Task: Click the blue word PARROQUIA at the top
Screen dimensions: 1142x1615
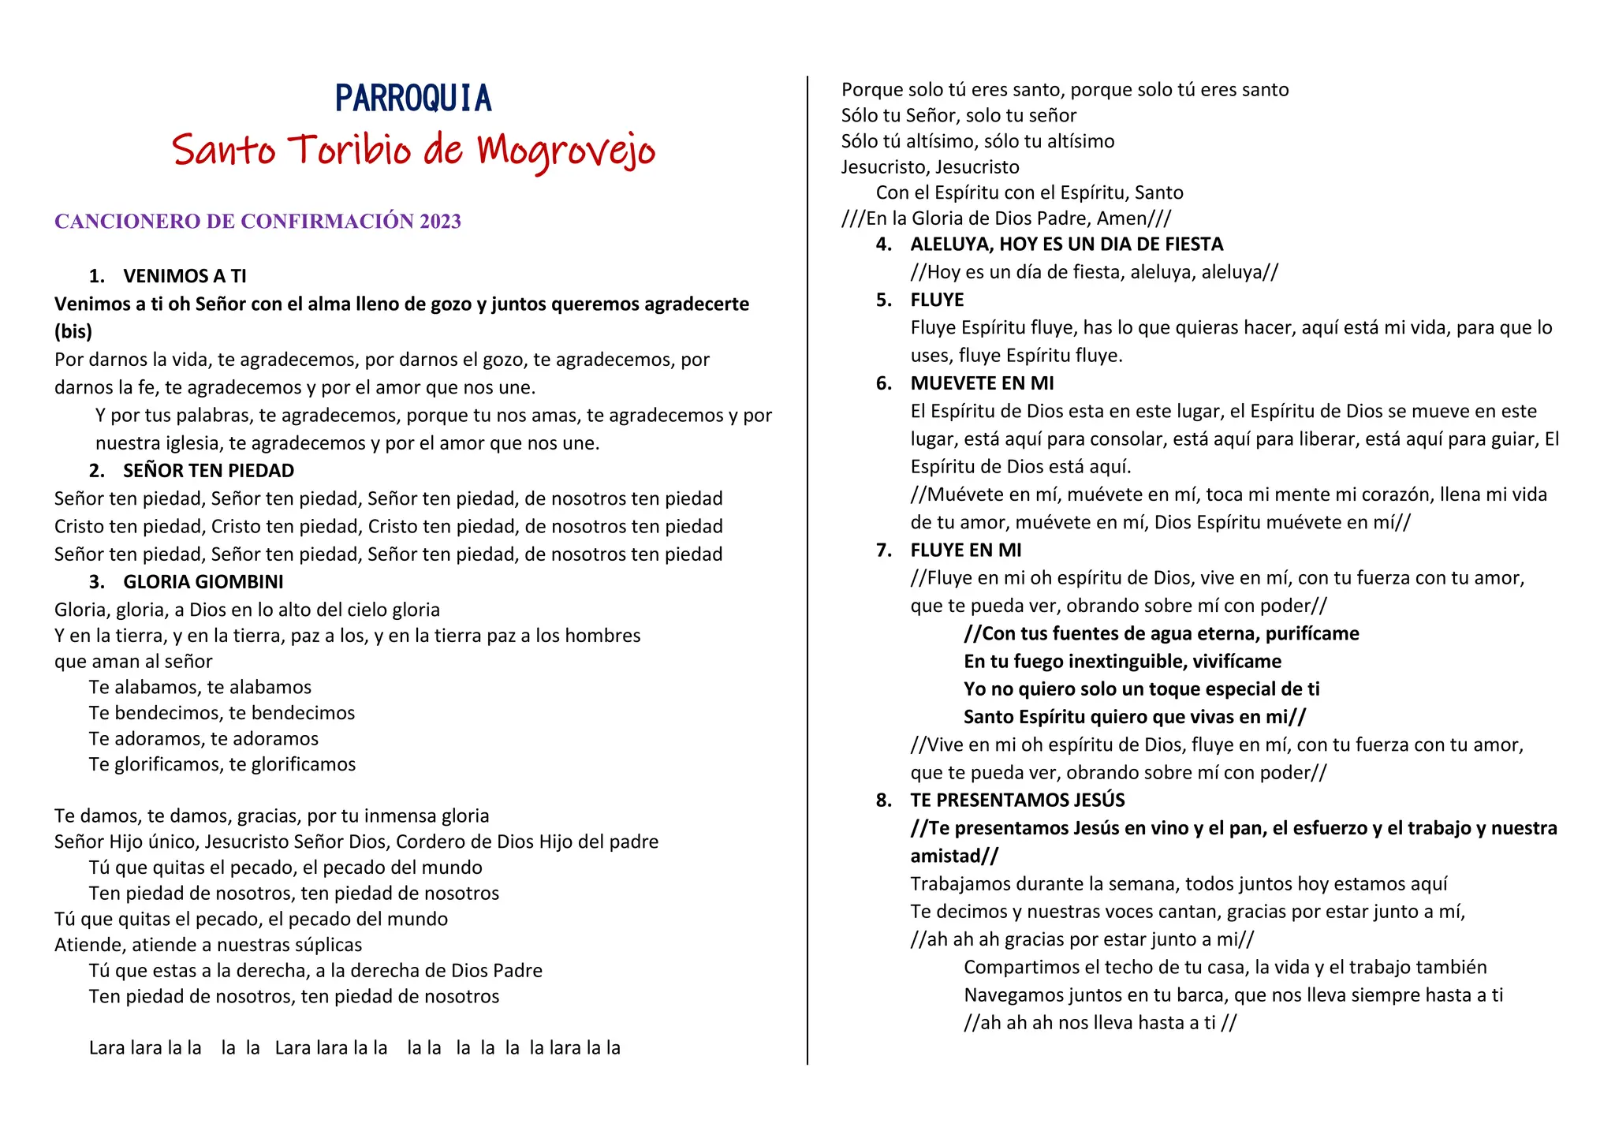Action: (x=413, y=99)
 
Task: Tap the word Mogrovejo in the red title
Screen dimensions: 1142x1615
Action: (x=566, y=150)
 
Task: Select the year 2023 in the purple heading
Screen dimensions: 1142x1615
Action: (x=440, y=222)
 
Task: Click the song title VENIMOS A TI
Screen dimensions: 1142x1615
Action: (x=185, y=276)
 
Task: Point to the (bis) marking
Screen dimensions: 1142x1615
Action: (x=73, y=331)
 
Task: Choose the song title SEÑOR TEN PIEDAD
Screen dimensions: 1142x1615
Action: (x=208, y=471)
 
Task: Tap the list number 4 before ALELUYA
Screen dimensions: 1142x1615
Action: (x=883, y=244)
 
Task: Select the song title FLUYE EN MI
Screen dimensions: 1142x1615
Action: (x=965, y=550)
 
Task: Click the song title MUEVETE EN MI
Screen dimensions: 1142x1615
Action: (x=982, y=383)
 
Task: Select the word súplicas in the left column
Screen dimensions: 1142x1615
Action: (x=324, y=945)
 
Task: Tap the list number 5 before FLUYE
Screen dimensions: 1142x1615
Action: (x=883, y=300)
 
